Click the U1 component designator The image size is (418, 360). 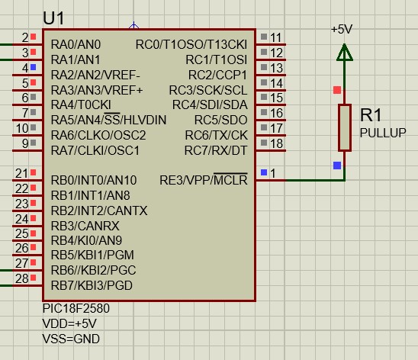click(x=53, y=18)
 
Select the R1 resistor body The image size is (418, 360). click(x=345, y=128)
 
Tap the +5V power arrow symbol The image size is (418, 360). click(x=345, y=52)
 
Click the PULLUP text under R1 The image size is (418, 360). click(x=383, y=133)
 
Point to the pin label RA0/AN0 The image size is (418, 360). click(x=76, y=44)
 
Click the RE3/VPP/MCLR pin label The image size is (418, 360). click(x=204, y=180)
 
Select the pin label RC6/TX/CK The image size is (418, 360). click(x=216, y=135)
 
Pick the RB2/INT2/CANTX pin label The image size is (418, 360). click(x=99, y=211)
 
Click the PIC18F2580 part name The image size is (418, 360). click(x=76, y=308)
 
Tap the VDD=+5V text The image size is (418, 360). click(x=69, y=323)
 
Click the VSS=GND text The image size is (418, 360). click(x=71, y=339)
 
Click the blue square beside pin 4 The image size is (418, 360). click(x=33, y=67)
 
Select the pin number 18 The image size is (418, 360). click(x=276, y=143)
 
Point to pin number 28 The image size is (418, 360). click(x=22, y=278)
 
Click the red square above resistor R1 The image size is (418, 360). click(x=337, y=90)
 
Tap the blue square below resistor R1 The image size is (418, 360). click(x=337, y=166)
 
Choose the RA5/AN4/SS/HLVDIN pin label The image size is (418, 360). click(x=108, y=120)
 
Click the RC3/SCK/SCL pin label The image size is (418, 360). click(x=208, y=90)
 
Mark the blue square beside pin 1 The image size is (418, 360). click(x=264, y=172)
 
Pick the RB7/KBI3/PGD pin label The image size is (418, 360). click(x=92, y=285)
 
